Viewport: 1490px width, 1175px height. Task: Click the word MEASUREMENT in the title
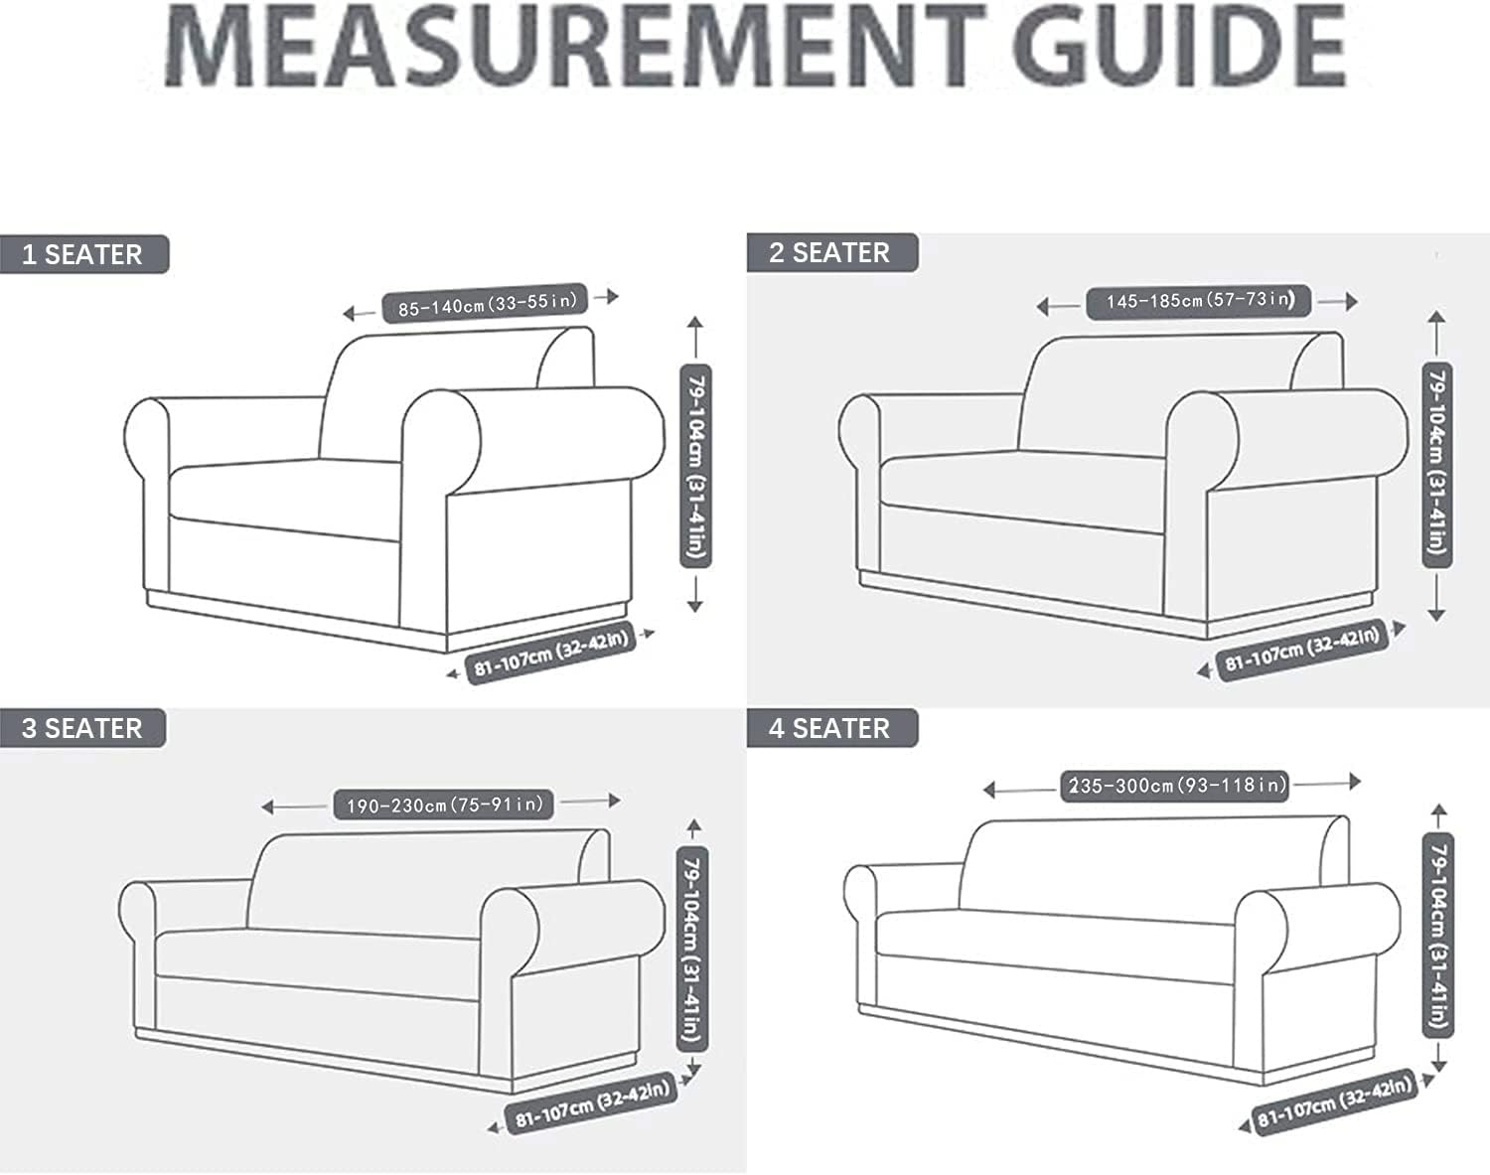tap(574, 46)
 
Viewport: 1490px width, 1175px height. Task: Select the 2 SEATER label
tap(829, 252)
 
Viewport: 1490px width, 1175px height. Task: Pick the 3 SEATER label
tap(81, 728)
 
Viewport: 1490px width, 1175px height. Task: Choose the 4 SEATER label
tap(830, 728)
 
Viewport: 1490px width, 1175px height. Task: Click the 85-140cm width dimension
tap(485, 303)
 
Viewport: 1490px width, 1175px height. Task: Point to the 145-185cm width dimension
tap(1199, 301)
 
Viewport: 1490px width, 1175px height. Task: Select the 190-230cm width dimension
tap(444, 805)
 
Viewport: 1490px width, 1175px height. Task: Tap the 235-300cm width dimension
tap(1175, 786)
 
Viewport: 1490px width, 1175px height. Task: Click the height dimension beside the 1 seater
tap(696, 465)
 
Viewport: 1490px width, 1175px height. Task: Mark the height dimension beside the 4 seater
tap(1438, 936)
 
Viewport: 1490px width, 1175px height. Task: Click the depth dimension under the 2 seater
tap(1302, 651)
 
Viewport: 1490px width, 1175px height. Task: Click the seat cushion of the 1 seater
tap(285, 498)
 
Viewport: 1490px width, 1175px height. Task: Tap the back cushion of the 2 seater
tap(1170, 394)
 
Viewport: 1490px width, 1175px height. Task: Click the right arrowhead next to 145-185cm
tap(1352, 301)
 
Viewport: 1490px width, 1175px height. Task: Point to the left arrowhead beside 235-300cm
tap(989, 790)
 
